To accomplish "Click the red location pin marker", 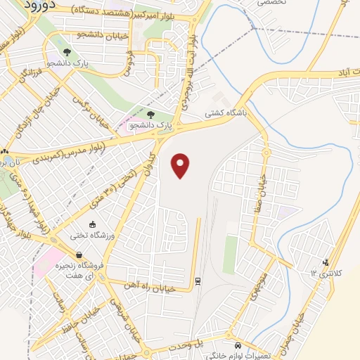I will click(181, 165).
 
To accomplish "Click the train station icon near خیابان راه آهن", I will click(199, 281).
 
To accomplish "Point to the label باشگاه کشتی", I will click(223, 112).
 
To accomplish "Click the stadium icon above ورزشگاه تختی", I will click(94, 224).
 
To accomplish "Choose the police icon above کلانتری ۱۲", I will click(325, 264).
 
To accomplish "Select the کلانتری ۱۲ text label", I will click(323, 272).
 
